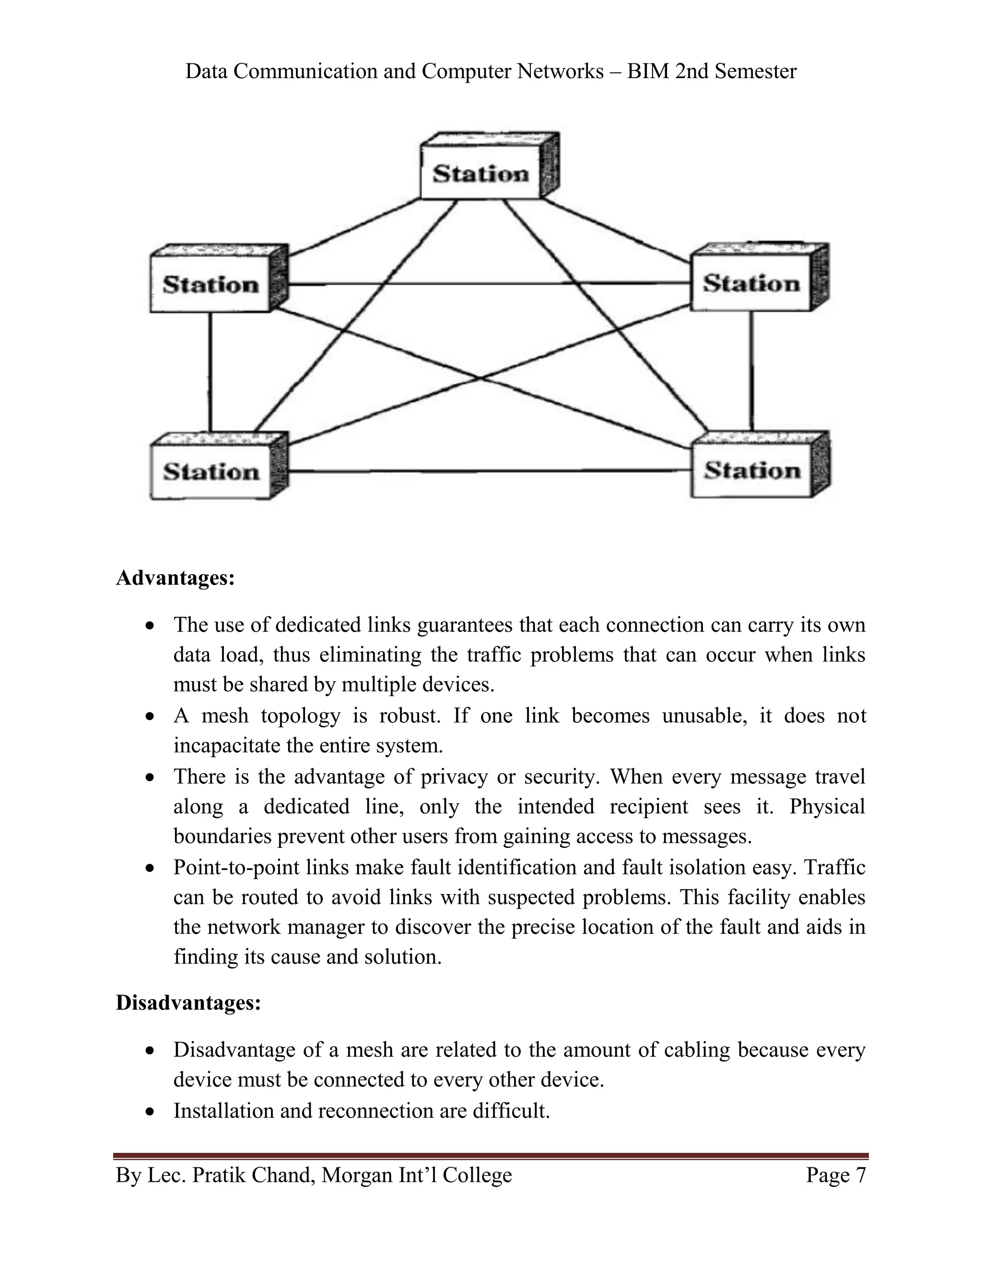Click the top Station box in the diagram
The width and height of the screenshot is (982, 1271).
tap(480, 174)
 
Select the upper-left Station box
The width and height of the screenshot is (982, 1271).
tap(210, 284)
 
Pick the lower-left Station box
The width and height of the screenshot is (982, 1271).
tap(210, 471)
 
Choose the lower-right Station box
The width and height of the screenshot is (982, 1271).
tap(752, 470)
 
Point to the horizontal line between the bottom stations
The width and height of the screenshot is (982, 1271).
tap(489, 471)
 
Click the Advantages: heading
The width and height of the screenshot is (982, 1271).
tap(175, 578)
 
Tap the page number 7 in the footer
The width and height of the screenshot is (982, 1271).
tap(860, 1175)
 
